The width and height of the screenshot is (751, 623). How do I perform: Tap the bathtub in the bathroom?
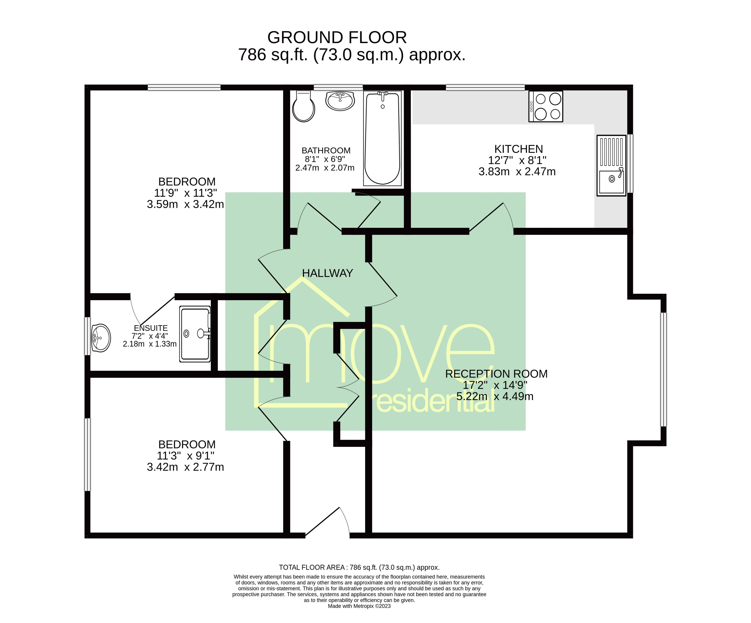(382, 138)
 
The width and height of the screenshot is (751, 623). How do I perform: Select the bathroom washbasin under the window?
(340, 101)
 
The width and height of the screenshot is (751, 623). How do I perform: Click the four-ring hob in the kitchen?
(546, 106)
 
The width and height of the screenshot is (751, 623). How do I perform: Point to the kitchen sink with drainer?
(611, 165)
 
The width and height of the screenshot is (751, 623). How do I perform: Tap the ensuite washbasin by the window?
(101, 338)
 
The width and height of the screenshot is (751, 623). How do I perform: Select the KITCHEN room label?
(519, 149)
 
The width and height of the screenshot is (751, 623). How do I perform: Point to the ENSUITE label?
(151, 328)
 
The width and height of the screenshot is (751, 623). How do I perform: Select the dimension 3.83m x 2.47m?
(517, 172)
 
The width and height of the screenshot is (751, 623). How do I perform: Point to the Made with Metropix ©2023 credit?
(359, 606)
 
